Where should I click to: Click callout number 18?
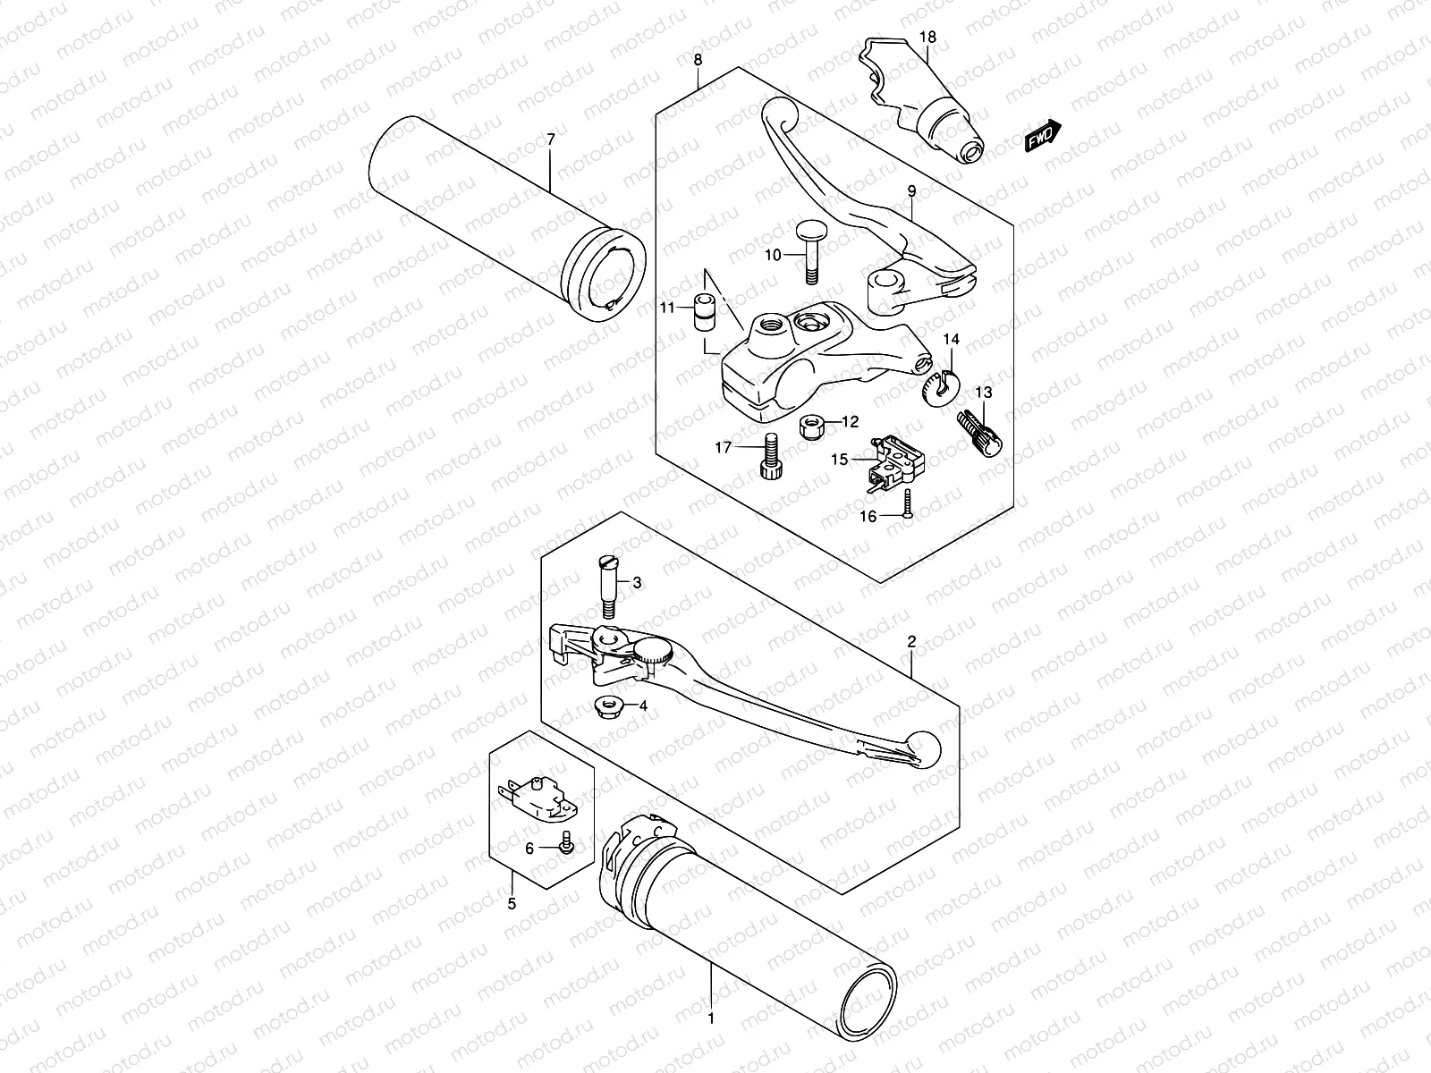927,38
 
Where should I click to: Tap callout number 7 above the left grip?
551,139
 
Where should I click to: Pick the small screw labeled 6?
564,844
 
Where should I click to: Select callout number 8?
698,60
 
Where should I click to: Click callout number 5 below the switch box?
512,904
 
